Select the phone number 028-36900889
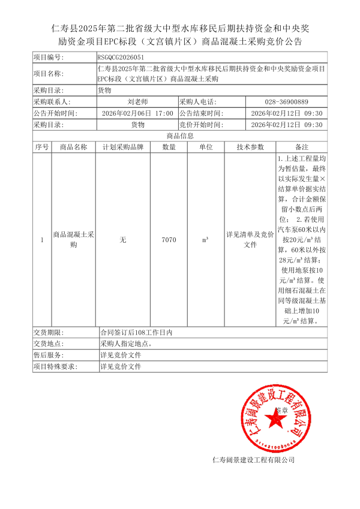click(x=286, y=102)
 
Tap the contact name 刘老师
click(x=137, y=102)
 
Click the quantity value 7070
click(x=169, y=240)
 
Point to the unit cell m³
click(x=205, y=240)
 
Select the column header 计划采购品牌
click(x=123, y=147)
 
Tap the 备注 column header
click(x=301, y=147)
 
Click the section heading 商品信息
click(x=180, y=136)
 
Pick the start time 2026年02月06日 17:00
click(x=137, y=113)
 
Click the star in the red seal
click(x=277, y=421)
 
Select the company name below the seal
click(x=254, y=460)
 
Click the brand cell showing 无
click(x=123, y=240)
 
